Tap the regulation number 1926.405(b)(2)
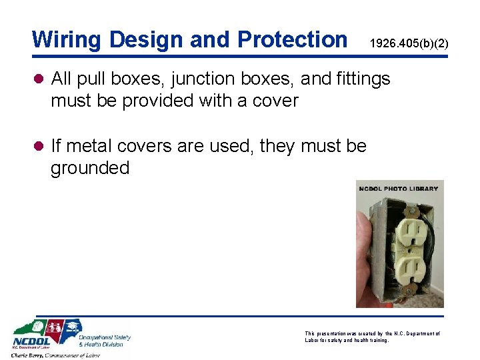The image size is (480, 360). tap(409, 44)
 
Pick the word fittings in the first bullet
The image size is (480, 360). tap(366, 79)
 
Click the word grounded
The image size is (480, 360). tap(90, 167)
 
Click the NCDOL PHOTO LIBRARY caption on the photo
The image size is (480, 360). tap(398, 189)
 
